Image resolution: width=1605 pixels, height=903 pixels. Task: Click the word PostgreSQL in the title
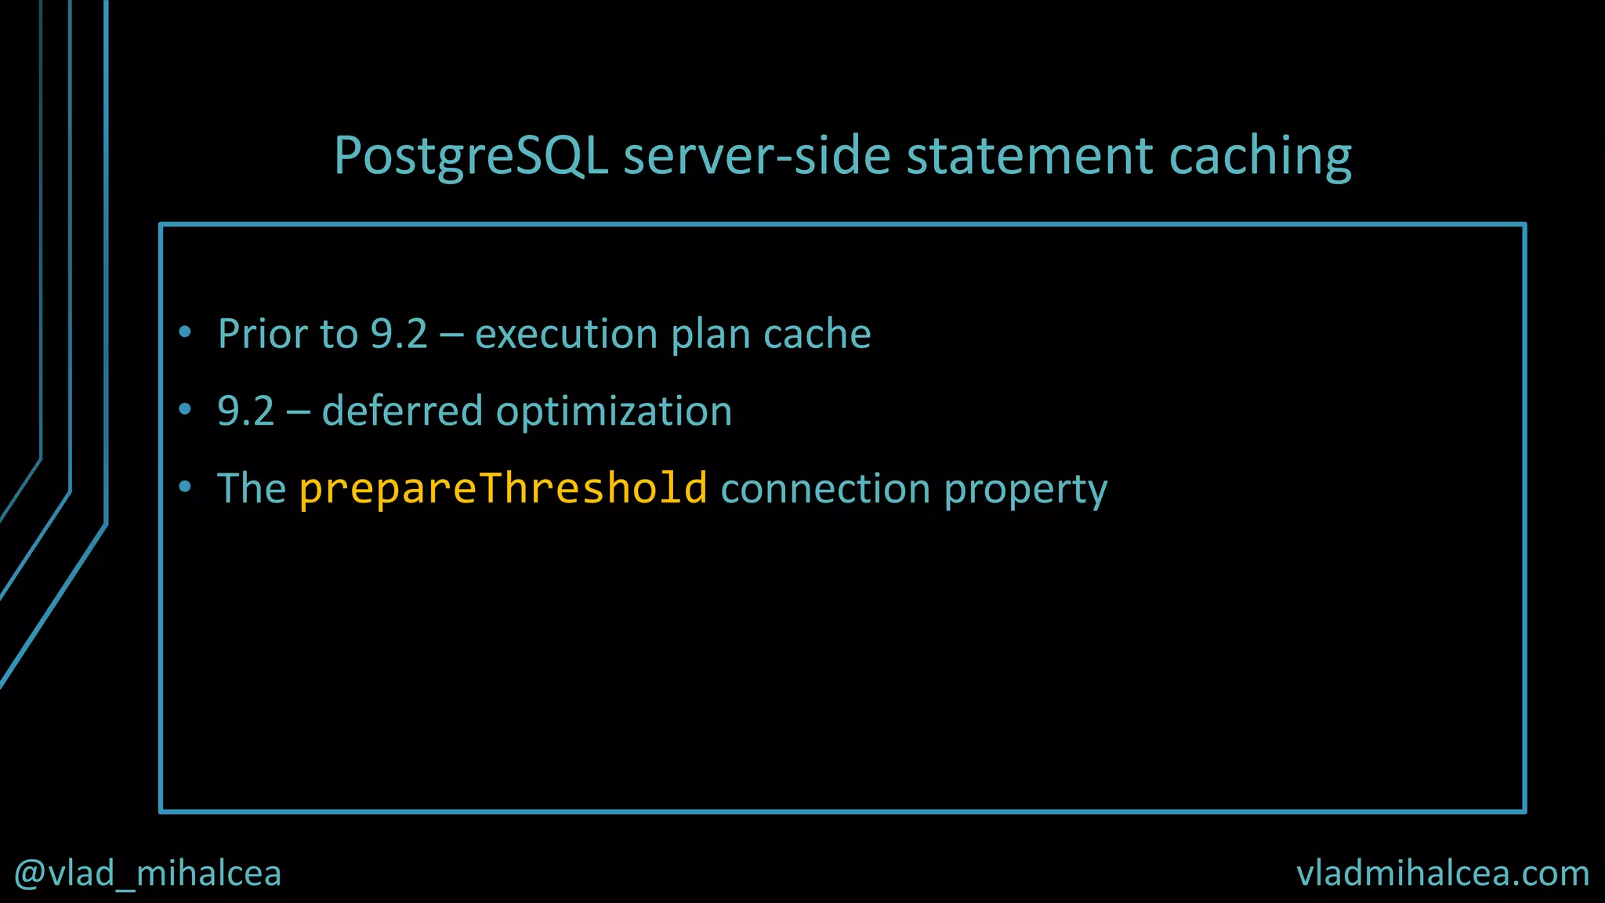click(x=470, y=155)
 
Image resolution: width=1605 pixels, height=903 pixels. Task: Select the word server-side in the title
click(x=757, y=155)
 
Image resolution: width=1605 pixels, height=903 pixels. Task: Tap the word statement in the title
click(x=1029, y=155)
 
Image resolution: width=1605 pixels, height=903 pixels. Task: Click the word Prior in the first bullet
click(x=262, y=334)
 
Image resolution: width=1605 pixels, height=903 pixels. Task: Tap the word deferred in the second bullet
click(x=402, y=411)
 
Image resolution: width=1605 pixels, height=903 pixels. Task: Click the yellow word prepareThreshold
click(x=503, y=488)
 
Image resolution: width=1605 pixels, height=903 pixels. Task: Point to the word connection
click(x=824, y=488)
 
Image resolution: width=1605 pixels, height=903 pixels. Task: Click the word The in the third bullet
click(x=252, y=488)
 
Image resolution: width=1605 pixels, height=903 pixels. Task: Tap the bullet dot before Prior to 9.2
click(x=185, y=332)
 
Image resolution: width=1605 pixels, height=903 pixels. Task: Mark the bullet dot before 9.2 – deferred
click(x=185, y=409)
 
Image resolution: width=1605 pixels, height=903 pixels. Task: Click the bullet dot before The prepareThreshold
click(x=185, y=487)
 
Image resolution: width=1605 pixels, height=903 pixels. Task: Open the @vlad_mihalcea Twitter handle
click(x=147, y=873)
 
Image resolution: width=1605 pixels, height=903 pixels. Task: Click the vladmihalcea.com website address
click(x=1442, y=873)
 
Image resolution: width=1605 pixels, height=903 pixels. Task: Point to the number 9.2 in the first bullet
click(x=399, y=334)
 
